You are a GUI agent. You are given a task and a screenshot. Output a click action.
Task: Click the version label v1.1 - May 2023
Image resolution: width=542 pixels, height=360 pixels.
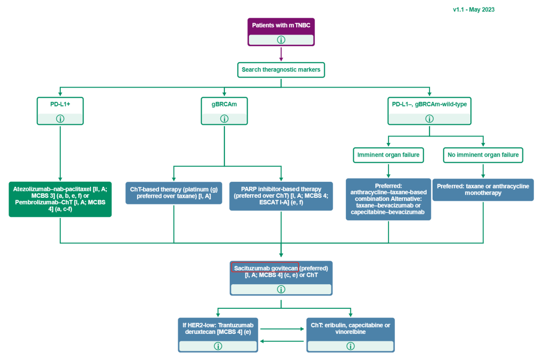473,10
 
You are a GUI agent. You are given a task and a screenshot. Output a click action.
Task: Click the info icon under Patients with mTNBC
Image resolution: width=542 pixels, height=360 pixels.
281,40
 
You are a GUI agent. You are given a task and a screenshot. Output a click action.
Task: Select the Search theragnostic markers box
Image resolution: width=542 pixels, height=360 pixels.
281,70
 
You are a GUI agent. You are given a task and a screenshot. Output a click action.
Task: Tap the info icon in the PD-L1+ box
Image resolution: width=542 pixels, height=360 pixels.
60,119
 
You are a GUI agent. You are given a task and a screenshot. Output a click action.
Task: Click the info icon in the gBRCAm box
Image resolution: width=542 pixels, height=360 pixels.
224,119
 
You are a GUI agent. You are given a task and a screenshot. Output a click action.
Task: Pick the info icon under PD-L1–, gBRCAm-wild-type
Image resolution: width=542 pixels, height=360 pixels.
430,119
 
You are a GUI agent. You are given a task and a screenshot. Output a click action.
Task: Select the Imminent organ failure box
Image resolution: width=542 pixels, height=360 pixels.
388,156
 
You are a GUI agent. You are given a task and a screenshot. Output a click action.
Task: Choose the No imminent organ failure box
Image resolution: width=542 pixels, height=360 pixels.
483,156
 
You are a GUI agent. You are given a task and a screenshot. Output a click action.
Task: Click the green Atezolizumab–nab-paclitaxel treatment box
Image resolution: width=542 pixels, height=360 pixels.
60,199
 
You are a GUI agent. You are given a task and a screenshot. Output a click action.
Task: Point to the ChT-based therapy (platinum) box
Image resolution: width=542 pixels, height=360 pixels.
174,193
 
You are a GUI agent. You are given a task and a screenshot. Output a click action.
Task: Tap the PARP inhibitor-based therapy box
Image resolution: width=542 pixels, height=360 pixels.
281,196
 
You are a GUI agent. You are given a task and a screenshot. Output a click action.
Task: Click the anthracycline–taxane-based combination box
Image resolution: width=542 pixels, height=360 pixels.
388,199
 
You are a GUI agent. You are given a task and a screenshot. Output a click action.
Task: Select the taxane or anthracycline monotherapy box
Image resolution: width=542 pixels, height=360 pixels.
483,190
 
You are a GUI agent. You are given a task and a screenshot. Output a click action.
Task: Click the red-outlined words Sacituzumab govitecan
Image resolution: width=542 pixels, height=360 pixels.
265,268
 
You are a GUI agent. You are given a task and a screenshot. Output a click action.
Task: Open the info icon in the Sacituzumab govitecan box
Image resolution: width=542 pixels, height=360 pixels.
281,289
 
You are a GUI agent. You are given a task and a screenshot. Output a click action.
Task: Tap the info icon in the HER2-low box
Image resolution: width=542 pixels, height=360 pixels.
218,346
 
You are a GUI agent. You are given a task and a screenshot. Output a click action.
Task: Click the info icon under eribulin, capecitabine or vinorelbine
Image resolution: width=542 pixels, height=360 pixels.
350,346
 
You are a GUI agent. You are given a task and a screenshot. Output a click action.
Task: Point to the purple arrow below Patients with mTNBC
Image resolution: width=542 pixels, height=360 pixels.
281,53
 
